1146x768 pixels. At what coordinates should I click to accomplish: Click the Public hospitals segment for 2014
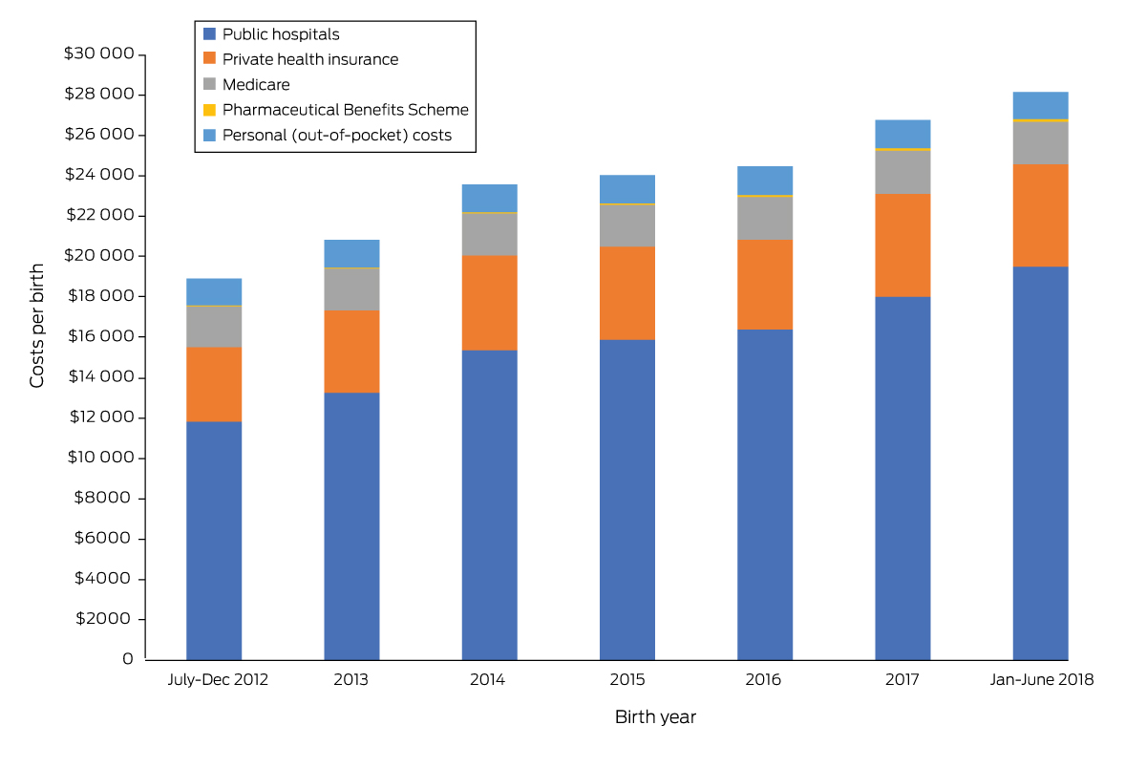point(489,504)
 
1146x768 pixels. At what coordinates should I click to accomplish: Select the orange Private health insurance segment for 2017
point(902,245)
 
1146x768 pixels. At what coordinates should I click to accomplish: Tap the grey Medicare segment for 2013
point(351,289)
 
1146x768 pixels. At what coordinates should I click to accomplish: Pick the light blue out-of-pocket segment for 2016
point(765,181)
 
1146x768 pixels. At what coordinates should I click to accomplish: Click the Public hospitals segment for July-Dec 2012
point(214,540)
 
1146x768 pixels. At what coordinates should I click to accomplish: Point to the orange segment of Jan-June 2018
point(1040,215)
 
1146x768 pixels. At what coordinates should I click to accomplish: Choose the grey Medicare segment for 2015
point(627,225)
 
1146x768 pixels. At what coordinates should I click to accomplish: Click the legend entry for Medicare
point(256,85)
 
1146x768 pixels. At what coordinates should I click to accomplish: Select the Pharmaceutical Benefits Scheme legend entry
point(345,110)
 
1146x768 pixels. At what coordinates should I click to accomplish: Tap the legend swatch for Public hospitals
point(210,34)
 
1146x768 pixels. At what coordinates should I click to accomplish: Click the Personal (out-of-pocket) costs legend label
point(336,136)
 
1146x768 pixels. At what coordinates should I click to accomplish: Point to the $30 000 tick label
point(98,54)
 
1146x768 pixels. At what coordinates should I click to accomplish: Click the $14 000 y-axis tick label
point(98,377)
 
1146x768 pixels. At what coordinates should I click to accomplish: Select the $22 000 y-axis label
point(98,216)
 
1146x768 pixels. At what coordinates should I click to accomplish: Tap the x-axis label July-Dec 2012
point(218,681)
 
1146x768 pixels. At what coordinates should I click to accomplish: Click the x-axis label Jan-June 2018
point(1040,681)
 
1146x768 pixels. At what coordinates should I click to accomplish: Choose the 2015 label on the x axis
point(627,681)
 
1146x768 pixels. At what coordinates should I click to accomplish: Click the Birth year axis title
point(655,717)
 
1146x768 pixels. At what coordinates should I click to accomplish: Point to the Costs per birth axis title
point(37,325)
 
